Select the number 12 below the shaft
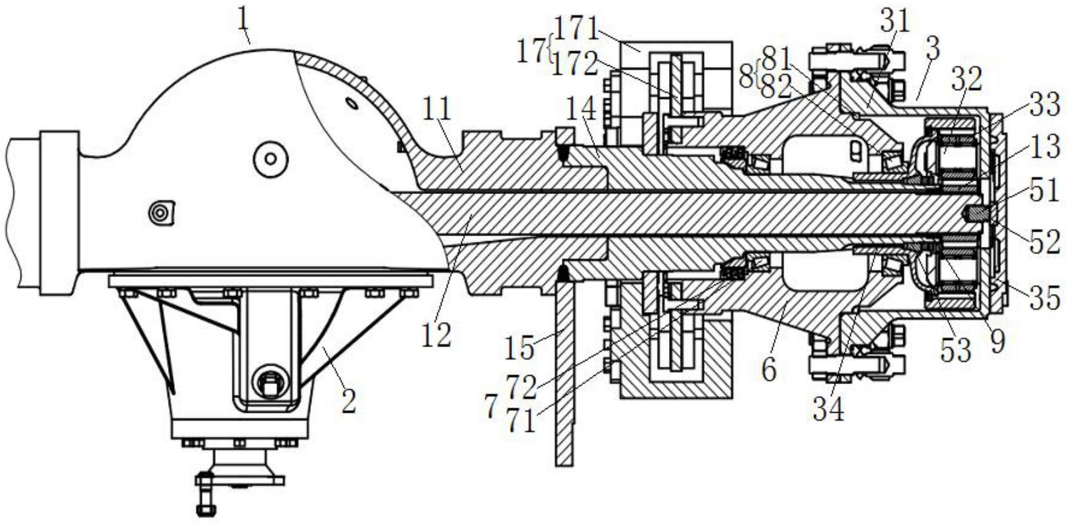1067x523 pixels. pos(436,335)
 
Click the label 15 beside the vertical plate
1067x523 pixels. pos(519,348)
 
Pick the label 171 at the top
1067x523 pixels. pos(575,26)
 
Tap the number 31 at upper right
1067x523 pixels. pos(895,21)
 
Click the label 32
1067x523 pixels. pos(966,79)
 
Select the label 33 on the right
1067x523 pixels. pos(1045,105)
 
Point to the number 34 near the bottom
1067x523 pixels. pos(828,409)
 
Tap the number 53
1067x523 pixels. pos(956,350)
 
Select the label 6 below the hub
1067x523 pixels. pos(769,369)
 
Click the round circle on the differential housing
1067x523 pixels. pos(270,159)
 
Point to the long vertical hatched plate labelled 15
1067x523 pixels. pos(565,372)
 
